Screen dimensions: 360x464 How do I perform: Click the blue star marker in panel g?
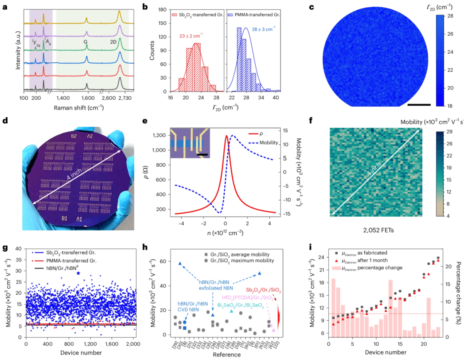(78, 273)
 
